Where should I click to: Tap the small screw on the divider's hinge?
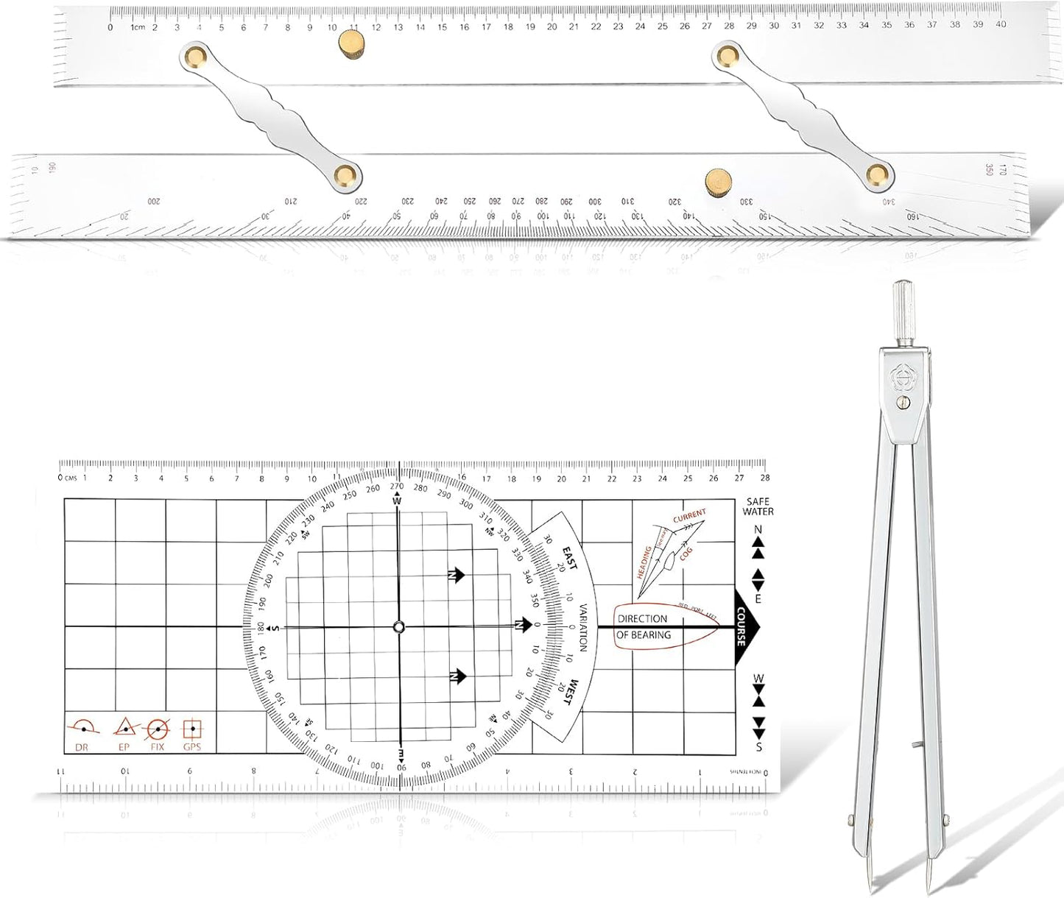coord(903,403)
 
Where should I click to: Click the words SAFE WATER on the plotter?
coord(758,506)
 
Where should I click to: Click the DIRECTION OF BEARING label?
coord(644,627)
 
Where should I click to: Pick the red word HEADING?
coord(644,562)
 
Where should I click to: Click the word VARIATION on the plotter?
coord(583,627)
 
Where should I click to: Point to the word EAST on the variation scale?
coord(570,557)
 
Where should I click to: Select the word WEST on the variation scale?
coord(569,693)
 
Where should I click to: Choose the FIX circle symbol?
coord(158,729)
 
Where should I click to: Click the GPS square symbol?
coord(192,729)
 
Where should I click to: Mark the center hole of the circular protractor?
coord(398,627)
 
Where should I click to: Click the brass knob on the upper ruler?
coord(351,43)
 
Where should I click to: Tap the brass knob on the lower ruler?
coord(718,180)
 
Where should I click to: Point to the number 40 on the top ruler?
coord(1001,24)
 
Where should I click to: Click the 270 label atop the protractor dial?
coord(397,486)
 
